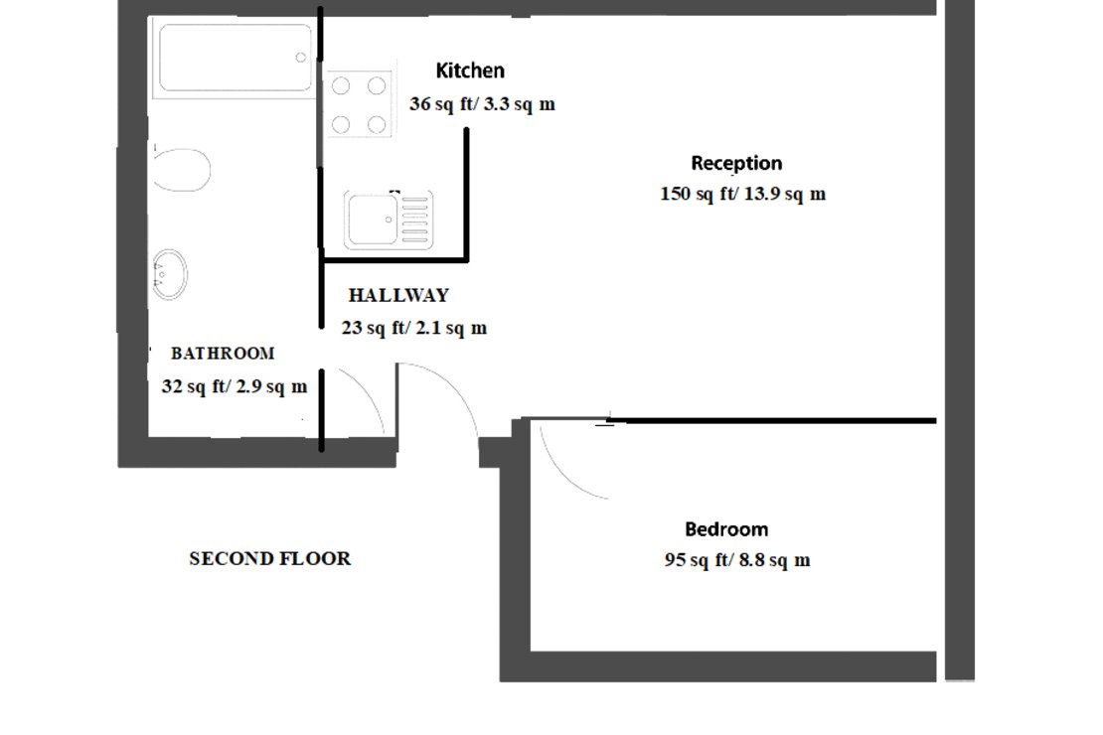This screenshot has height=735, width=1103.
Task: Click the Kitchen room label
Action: (470, 71)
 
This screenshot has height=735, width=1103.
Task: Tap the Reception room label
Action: (736, 163)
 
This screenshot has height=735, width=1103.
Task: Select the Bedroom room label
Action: (725, 529)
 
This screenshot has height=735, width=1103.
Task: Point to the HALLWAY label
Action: (398, 295)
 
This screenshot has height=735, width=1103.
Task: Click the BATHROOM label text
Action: (223, 353)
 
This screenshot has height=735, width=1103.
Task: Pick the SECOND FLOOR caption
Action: (269, 558)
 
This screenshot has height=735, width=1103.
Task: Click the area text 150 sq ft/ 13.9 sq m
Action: (742, 194)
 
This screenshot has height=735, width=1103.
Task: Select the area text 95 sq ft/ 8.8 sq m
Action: (736, 560)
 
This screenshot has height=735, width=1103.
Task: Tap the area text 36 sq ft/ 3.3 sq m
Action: (482, 103)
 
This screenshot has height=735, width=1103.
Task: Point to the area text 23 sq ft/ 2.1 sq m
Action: (414, 328)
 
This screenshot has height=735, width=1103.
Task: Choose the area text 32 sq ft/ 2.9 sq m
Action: (235, 386)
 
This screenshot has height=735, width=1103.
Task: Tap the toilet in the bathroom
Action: (181, 170)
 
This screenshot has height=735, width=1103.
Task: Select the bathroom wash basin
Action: (169, 274)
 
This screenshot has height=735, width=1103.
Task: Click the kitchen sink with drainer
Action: (389, 220)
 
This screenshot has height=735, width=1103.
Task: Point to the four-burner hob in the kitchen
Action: (358, 104)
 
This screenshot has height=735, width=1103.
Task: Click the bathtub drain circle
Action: (301, 58)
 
